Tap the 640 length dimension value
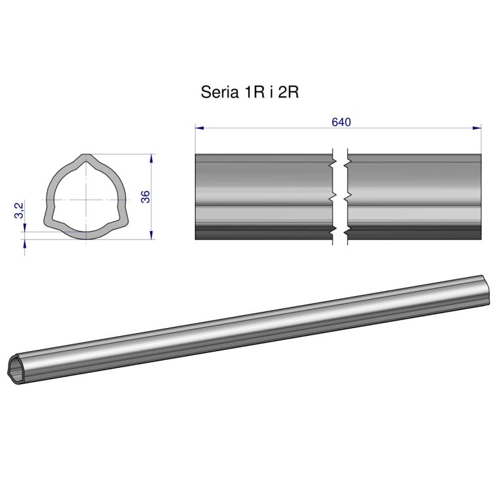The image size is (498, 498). point(341,121)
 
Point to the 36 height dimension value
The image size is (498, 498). point(145,197)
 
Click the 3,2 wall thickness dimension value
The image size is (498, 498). point(19,210)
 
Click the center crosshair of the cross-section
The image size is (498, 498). point(84,199)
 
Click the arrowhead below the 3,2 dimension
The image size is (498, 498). point(24,244)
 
